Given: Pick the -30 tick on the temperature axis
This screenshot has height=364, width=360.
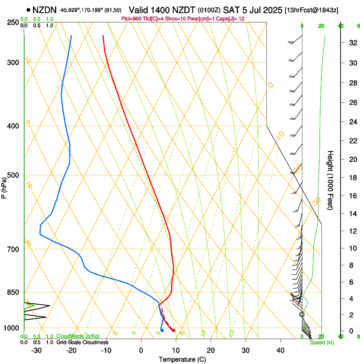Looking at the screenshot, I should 36,350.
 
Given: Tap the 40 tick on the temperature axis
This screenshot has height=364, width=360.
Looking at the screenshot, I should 280,350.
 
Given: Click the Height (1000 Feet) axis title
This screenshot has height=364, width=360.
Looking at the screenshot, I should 330,180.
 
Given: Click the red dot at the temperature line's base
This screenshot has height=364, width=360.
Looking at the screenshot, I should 174,330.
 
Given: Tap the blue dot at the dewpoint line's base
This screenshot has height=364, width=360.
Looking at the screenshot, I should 162,330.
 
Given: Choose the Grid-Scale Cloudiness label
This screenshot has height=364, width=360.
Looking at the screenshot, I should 82,342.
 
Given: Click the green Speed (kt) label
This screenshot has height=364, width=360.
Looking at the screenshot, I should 321,342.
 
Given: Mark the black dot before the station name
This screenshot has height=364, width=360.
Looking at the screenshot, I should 28,9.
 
